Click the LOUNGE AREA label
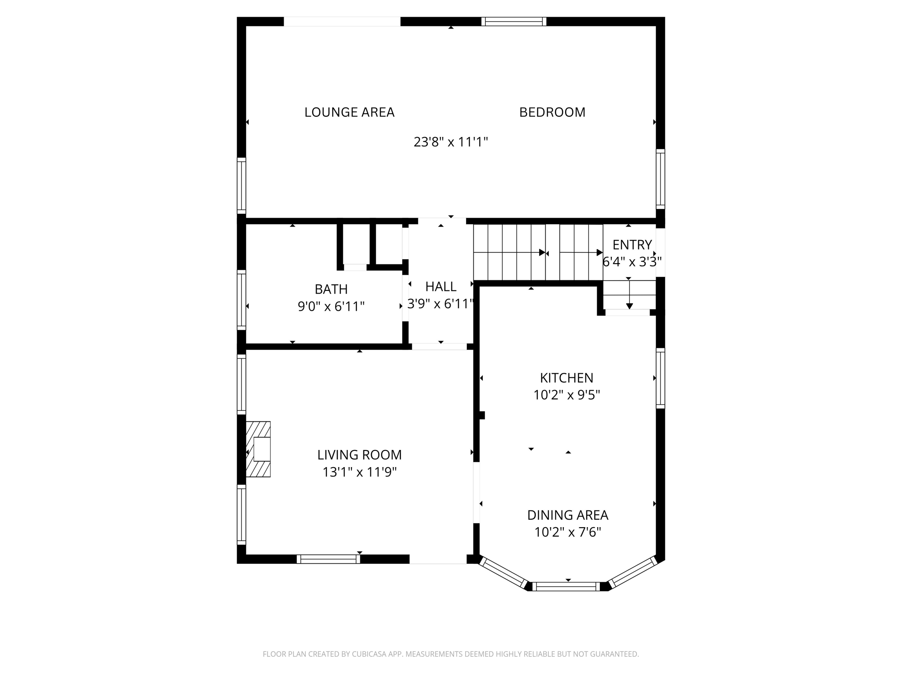(x=349, y=112)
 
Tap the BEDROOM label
(x=552, y=112)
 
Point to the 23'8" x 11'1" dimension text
(x=451, y=142)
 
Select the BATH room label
(x=331, y=289)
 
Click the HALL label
(x=440, y=287)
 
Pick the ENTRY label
(x=632, y=245)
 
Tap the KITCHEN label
(x=566, y=378)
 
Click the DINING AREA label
(x=567, y=515)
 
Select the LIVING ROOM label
(x=359, y=455)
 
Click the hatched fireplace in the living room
(x=259, y=449)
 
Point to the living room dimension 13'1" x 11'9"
(x=359, y=472)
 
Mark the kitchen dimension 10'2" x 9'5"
(x=566, y=395)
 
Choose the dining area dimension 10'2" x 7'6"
(x=567, y=532)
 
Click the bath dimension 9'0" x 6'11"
(x=331, y=306)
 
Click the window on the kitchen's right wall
(x=660, y=378)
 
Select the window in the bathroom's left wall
(x=241, y=300)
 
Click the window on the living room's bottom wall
(x=328, y=559)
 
